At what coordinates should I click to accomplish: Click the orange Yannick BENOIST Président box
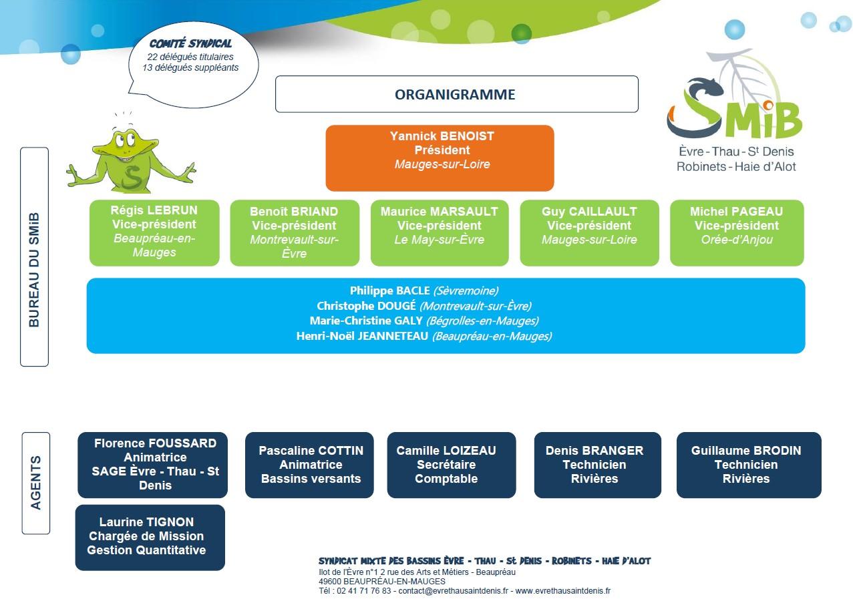[440, 158]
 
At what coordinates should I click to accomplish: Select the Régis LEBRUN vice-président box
[154, 232]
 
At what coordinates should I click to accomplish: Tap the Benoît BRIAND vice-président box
[295, 232]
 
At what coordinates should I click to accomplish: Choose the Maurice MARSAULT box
[440, 232]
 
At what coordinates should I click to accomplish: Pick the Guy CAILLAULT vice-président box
[589, 232]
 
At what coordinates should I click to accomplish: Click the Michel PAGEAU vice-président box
[737, 232]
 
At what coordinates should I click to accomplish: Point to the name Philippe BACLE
[390, 290]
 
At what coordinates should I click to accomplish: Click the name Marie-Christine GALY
[366, 321]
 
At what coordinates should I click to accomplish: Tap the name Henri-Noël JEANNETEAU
[362, 336]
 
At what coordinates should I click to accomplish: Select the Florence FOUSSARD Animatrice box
[153, 465]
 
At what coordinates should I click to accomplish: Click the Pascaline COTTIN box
[309, 465]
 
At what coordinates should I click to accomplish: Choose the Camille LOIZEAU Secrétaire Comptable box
[452, 465]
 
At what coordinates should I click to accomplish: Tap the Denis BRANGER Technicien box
[597, 465]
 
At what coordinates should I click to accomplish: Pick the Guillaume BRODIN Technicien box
[749, 465]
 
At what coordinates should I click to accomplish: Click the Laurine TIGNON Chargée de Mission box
[150, 538]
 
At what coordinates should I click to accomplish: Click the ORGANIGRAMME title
[455, 94]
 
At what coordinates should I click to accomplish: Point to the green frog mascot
[132, 158]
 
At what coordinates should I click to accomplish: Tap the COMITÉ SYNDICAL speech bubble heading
[190, 44]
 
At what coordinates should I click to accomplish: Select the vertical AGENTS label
[35, 483]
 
